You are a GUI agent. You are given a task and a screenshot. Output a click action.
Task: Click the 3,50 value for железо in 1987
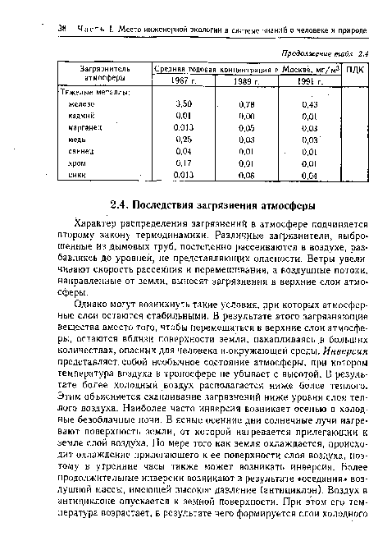[184, 104]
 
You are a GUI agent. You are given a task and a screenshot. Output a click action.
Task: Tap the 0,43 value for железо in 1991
[309, 104]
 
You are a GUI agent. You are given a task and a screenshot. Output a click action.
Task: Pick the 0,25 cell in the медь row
[184, 140]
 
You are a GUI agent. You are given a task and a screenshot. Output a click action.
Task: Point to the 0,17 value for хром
[184, 163]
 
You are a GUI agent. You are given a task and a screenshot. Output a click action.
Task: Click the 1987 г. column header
[184, 80]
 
